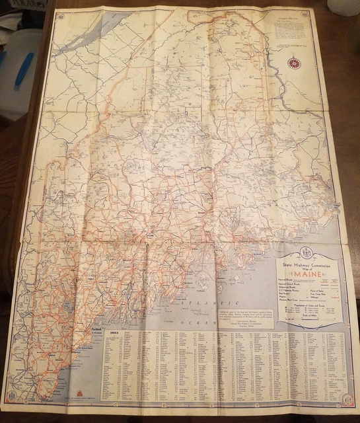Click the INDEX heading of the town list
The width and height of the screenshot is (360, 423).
(x=110, y=332)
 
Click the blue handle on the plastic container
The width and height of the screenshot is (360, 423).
(x=24, y=70)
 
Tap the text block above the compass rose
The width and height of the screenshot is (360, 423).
(x=289, y=30)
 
